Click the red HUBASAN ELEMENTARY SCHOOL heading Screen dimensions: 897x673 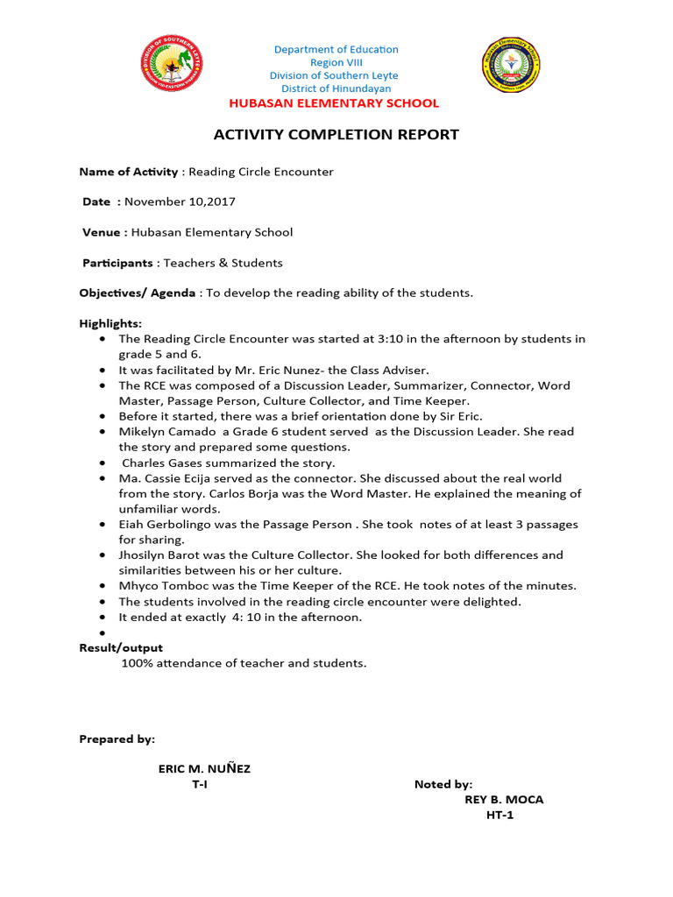pyautogui.click(x=334, y=103)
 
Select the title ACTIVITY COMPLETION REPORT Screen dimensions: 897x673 pyautogui.click(x=336, y=135)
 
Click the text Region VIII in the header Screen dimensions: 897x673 pyautogui.click(x=336, y=63)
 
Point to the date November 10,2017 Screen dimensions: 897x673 pyautogui.click(x=180, y=201)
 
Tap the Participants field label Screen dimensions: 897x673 pyautogui.click(x=117, y=263)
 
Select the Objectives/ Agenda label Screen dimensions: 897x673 pyautogui.click(x=138, y=293)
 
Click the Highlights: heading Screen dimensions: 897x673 pyautogui.click(x=110, y=323)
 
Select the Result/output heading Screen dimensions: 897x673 pyautogui.click(x=121, y=647)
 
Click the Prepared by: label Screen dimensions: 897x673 pyautogui.click(x=117, y=739)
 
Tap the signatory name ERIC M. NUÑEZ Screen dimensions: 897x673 pyautogui.click(x=204, y=769)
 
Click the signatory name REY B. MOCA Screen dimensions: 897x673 pyautogui.click(x=504, y=800)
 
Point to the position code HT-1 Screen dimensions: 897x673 pyautogui.click(x=504, y=816)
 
